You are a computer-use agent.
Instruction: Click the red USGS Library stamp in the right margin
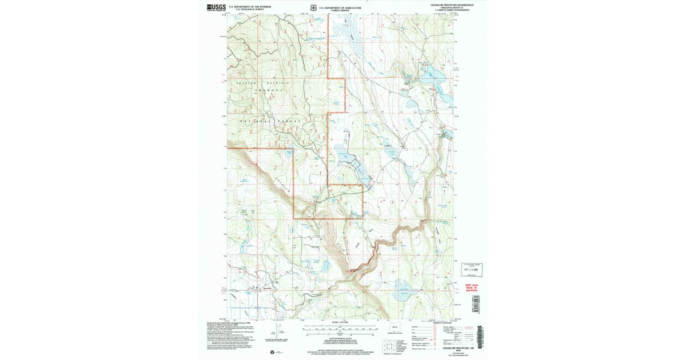[x=470, y=287]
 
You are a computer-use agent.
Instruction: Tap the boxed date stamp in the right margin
[x=472, y=269]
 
